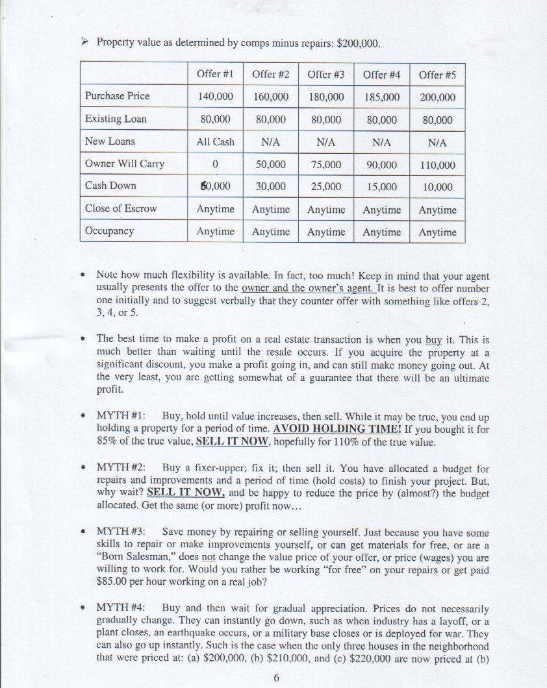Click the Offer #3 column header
pyautogui.click(x=325, y=74)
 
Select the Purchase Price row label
pyautogui.click(x=117, y=96)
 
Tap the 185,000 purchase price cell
pyautogui.click(x=381, y=97)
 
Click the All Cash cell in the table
pyautogui.click(x=215, y=141)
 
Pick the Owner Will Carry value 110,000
pyautogui.click(x=437, y=165)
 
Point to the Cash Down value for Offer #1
pyautogui.click(x=215, y=186)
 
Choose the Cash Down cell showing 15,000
pyautogui.click(x=381, y=187)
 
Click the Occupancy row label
pyautogui.click(x=109, y=231)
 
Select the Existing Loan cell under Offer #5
pyautogui.click(x=437, y=120)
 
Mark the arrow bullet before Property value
pyautogui.click(x=84, y=43)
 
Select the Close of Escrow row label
pyautogui.click(x=121, y=208)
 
